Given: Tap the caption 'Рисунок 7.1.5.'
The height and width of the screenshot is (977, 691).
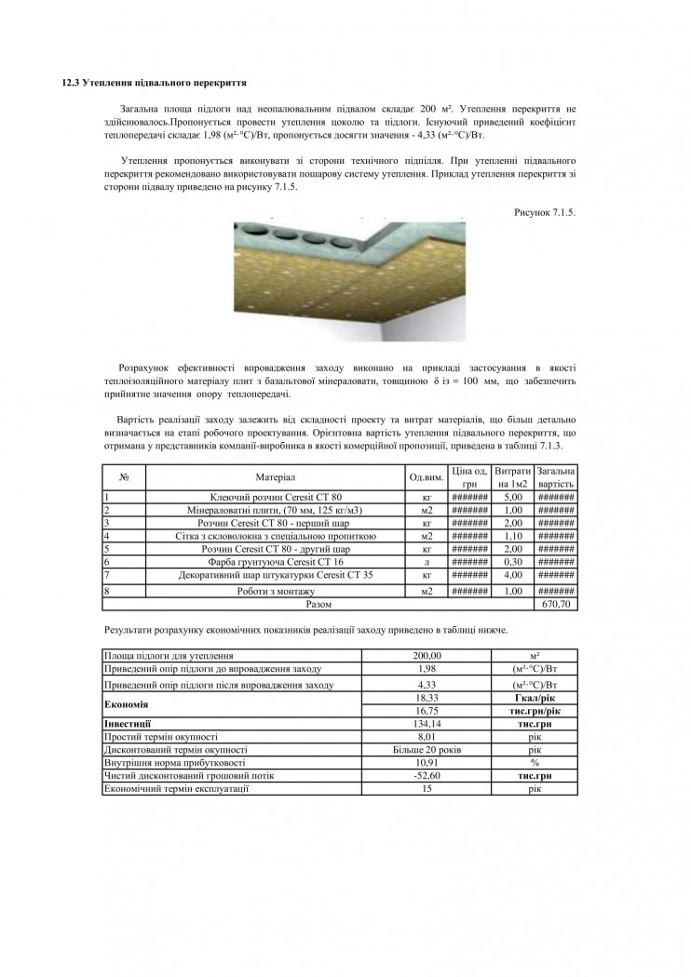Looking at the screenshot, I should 545,212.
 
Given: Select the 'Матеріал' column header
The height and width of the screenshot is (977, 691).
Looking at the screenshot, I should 276,477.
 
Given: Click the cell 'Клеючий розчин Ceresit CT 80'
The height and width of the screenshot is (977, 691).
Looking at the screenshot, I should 276,497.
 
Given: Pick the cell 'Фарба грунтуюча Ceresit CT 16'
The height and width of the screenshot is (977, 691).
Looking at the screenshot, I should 276,562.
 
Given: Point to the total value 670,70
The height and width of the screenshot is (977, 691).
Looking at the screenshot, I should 556,604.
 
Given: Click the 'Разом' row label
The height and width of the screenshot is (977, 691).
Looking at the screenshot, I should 318,604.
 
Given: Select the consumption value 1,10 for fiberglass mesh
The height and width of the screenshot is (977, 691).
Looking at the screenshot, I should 513,536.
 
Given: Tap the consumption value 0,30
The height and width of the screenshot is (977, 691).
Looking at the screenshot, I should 513,562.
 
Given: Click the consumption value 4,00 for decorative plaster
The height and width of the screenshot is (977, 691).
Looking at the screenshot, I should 513,575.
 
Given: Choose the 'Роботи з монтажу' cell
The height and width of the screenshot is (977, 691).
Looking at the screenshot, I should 276,591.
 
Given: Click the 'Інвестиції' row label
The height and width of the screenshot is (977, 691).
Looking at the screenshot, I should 128,722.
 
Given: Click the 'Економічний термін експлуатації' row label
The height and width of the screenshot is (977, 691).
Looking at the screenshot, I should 177,788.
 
